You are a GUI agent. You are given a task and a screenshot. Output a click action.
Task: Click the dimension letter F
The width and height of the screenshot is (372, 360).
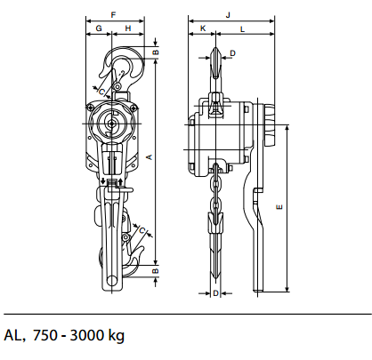113,15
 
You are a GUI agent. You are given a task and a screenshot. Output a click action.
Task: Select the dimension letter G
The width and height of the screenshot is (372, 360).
99,28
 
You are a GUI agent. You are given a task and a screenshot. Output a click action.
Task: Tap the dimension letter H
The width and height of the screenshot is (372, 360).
128,28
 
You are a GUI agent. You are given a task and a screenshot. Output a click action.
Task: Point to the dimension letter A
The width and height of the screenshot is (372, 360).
150,156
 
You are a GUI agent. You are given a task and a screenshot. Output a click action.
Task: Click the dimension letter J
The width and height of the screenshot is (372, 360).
228,15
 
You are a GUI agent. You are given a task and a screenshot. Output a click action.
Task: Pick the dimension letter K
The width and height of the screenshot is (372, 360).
203,28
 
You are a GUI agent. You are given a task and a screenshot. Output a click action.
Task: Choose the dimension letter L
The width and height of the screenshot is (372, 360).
242,29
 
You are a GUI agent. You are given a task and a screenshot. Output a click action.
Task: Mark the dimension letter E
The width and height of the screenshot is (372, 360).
279,207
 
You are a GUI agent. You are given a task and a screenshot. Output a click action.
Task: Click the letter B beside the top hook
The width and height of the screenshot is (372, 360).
156,52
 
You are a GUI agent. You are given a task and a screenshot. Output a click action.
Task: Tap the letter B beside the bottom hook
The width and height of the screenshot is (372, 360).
156,271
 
